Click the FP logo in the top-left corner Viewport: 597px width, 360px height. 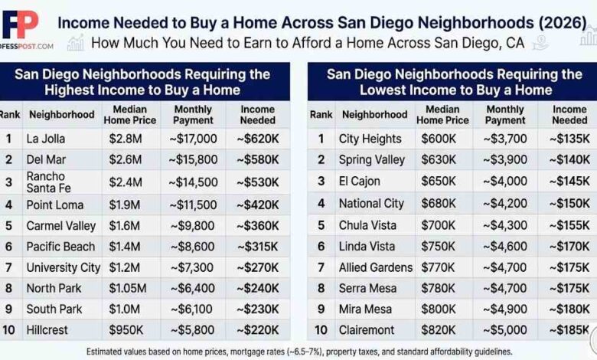pos(21,25)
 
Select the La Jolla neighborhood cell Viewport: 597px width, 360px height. pos(46,139)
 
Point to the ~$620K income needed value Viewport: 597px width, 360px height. pos(258,139)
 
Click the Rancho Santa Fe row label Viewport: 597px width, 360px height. pos(47,182)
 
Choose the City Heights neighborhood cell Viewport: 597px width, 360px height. pos(370,139)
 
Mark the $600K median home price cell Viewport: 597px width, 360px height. pos(442,139)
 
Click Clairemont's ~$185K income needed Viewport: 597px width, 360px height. pos(569,330)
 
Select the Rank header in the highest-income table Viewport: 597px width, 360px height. pos(10,115)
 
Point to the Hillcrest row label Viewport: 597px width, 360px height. pos(47,330)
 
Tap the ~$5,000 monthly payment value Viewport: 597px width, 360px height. pos(505,330)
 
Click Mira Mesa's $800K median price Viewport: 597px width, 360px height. pos(442,309)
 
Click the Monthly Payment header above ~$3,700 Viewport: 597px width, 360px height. pos(505,115)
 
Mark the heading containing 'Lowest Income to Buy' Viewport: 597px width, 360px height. pos(455,82)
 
